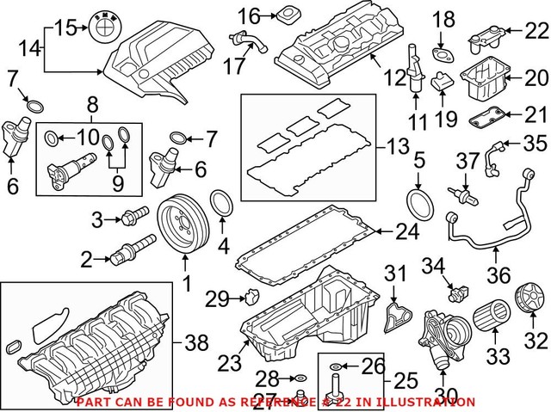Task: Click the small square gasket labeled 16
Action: click(x=285, y=15)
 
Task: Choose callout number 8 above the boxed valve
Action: click(x=92, y=107)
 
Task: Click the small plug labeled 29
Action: click(x=250, y=298)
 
